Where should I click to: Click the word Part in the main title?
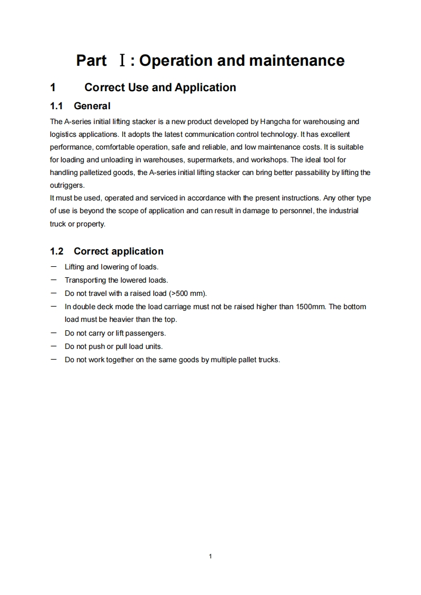pos(91,60)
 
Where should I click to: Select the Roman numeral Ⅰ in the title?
pos(122,61)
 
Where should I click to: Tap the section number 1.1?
pos(57,106)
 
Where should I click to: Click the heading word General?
pos(92,106)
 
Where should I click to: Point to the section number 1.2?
pos(57,251)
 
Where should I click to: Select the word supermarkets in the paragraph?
pos(208,160)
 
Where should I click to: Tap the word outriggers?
pos(67,185)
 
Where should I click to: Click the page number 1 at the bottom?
pos(211,556)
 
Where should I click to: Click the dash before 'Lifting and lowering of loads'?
pos(54,267)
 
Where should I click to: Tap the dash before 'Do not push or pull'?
pos(54,346)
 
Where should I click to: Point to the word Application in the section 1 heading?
pos(205,87)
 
